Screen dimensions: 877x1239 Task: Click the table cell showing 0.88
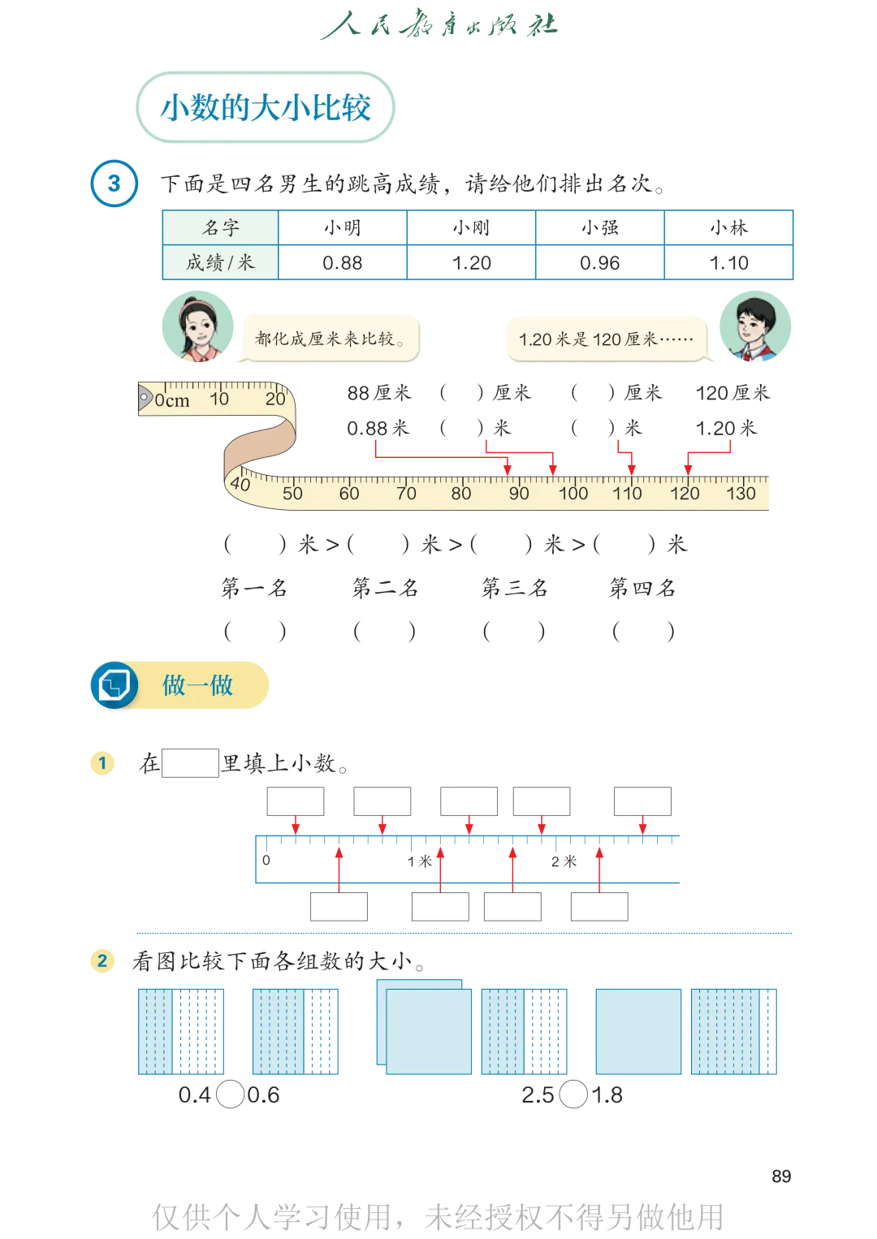pos(343,263)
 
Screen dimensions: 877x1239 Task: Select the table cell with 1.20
pos(472,263)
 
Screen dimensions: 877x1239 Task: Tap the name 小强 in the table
pos(600,228)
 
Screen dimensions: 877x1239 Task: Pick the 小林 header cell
pos(728,227)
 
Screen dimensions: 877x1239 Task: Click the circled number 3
pos(114,183)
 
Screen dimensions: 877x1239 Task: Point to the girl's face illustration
pos(198,326)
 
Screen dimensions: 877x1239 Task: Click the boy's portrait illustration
pos(754,326)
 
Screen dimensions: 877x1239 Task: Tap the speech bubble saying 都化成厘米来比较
pos(330,338)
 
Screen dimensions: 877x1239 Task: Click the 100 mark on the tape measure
pos(573,493)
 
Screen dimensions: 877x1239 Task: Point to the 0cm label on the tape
pos(171,400)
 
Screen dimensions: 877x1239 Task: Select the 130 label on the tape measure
pos(741,493)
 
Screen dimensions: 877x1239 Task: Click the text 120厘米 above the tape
pos(732,393)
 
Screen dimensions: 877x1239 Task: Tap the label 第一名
pos(254,587)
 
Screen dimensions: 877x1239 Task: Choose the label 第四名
pos(642,587)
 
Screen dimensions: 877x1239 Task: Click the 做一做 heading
pos(197,684)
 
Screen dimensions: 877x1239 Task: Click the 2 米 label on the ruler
pos(564,861)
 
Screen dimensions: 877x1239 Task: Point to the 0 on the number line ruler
pos(266,860)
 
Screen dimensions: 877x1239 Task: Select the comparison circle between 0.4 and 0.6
pos(230,1094)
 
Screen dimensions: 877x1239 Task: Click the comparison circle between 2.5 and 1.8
pos(573,1094)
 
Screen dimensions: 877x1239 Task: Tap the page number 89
pos(781,1176)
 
